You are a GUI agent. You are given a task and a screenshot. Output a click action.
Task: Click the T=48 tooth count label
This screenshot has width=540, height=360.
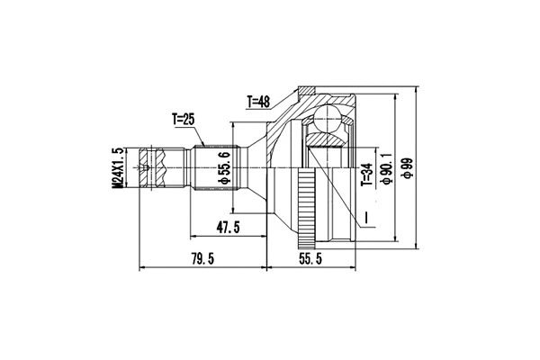[261, 102]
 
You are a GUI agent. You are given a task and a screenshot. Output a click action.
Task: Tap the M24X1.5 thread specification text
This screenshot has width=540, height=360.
[117, 167]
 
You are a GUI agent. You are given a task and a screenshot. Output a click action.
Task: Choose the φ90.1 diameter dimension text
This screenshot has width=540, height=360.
[385, 167]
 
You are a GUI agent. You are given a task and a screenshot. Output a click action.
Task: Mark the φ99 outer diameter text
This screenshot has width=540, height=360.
[408, 167]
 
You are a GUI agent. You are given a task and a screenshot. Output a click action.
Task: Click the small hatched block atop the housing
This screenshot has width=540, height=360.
[306, 91]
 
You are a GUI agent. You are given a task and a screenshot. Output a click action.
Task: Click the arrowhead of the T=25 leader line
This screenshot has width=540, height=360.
[208, 145]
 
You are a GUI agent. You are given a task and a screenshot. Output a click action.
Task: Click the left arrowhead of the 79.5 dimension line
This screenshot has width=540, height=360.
[141, 267]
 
